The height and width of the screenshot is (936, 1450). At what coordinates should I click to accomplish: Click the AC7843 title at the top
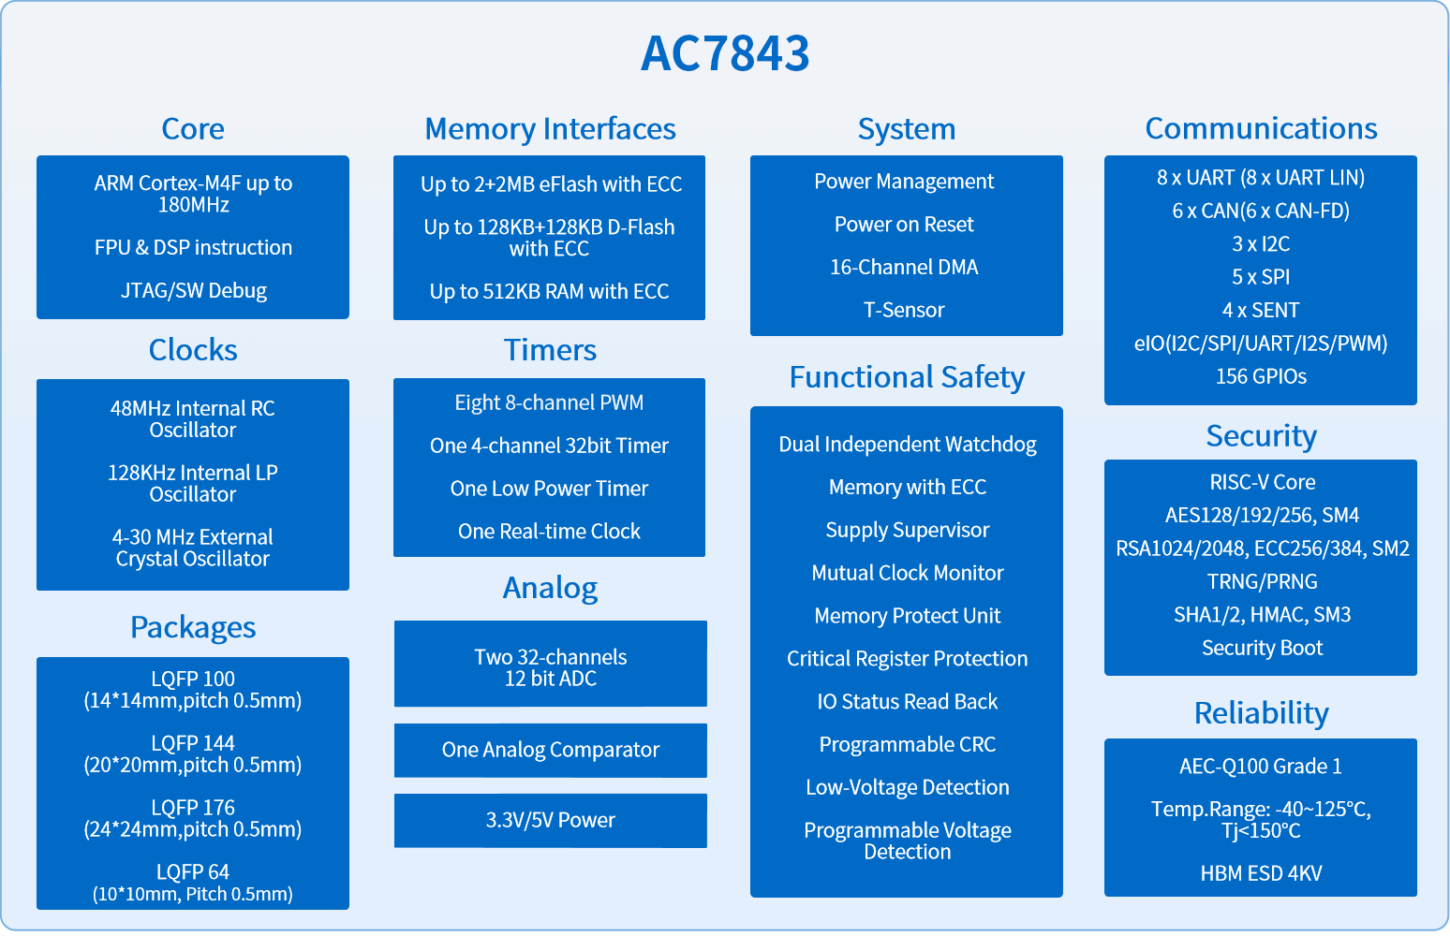[x=725, y=53]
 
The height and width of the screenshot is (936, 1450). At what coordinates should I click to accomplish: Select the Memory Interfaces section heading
[x=550, y=129]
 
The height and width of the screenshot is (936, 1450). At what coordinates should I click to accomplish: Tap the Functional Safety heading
[x=907, y=377]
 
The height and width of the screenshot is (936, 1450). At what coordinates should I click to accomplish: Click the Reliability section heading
[x=1261, y=713]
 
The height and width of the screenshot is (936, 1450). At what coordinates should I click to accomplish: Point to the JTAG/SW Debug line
[x=194, y=290]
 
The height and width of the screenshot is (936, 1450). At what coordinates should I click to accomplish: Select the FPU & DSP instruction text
[x=193, y=247]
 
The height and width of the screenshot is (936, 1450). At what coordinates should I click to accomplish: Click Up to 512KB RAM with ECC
[x=549, y=291]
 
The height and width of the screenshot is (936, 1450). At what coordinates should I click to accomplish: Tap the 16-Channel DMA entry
[x=904, y=267]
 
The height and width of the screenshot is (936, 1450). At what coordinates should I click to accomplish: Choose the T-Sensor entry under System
[x=904, y=310]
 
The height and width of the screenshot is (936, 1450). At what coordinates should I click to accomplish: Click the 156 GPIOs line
[x=1261, y=376]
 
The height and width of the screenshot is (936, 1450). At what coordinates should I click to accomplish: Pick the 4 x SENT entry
[x=1261, y=311]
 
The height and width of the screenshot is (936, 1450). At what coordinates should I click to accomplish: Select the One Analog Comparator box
[x=550, y=751]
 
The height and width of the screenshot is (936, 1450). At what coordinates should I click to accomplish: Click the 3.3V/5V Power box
[x=550, y=821]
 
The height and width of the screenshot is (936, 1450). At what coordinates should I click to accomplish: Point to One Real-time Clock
[x=549, y=531]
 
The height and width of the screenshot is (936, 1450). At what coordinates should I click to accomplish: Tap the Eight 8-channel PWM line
[x=549, y=402]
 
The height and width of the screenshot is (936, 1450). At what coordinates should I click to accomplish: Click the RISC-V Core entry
[x=1263, y=482]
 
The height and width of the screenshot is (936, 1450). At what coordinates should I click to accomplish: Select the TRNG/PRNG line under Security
[x=1263, y=581]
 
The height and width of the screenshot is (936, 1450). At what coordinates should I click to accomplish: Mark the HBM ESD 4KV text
[x=1261, y=873]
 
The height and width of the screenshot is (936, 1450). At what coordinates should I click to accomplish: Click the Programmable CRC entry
[x=907, y=744]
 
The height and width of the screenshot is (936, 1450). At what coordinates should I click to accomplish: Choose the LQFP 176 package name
[x=193, y=807]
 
